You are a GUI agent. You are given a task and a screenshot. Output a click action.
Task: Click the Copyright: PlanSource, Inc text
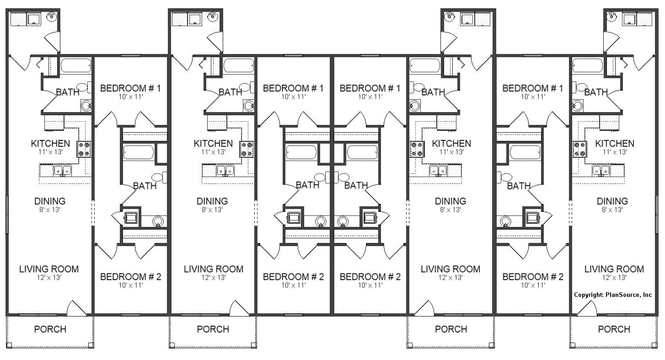tap(613, 295)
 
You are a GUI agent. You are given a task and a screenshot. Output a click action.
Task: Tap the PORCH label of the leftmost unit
tap(50, 329)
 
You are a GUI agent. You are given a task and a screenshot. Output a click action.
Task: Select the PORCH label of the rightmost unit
tap(614, 329)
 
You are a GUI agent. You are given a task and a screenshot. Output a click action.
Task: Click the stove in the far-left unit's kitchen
tap(84, 149)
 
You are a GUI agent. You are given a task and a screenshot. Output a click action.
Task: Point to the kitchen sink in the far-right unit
tap(601, 171)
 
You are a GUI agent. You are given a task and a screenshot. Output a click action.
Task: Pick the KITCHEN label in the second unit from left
tap(213, 144)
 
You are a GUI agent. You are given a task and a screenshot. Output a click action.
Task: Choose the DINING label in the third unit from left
tap(450, 201)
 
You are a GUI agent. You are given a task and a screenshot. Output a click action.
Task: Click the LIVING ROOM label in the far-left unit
tap(49, 269)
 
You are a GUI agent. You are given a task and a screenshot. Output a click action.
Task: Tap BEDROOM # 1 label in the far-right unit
tap(533, 88)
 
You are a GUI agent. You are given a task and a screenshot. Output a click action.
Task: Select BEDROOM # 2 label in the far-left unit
tap(130, 276)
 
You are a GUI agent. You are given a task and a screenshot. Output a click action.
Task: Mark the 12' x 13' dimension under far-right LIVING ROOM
tap(614, 277)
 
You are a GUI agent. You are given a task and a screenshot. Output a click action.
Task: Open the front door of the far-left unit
tap(76, 309)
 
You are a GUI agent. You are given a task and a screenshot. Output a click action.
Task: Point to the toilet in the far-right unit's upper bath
tap(581, 87)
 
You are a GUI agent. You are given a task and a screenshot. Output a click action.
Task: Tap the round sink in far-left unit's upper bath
tap(86, 106)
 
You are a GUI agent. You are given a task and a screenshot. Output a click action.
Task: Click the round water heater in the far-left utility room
tap(51, 17)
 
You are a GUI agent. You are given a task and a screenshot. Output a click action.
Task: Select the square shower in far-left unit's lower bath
tap(131, 218)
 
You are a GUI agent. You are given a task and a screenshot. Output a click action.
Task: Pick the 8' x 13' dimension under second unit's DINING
tap(212, 210)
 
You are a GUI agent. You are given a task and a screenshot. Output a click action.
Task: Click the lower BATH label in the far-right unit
tap(519, 186)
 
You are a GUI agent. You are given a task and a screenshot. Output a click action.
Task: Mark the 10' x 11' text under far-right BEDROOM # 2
tap(533, 285)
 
